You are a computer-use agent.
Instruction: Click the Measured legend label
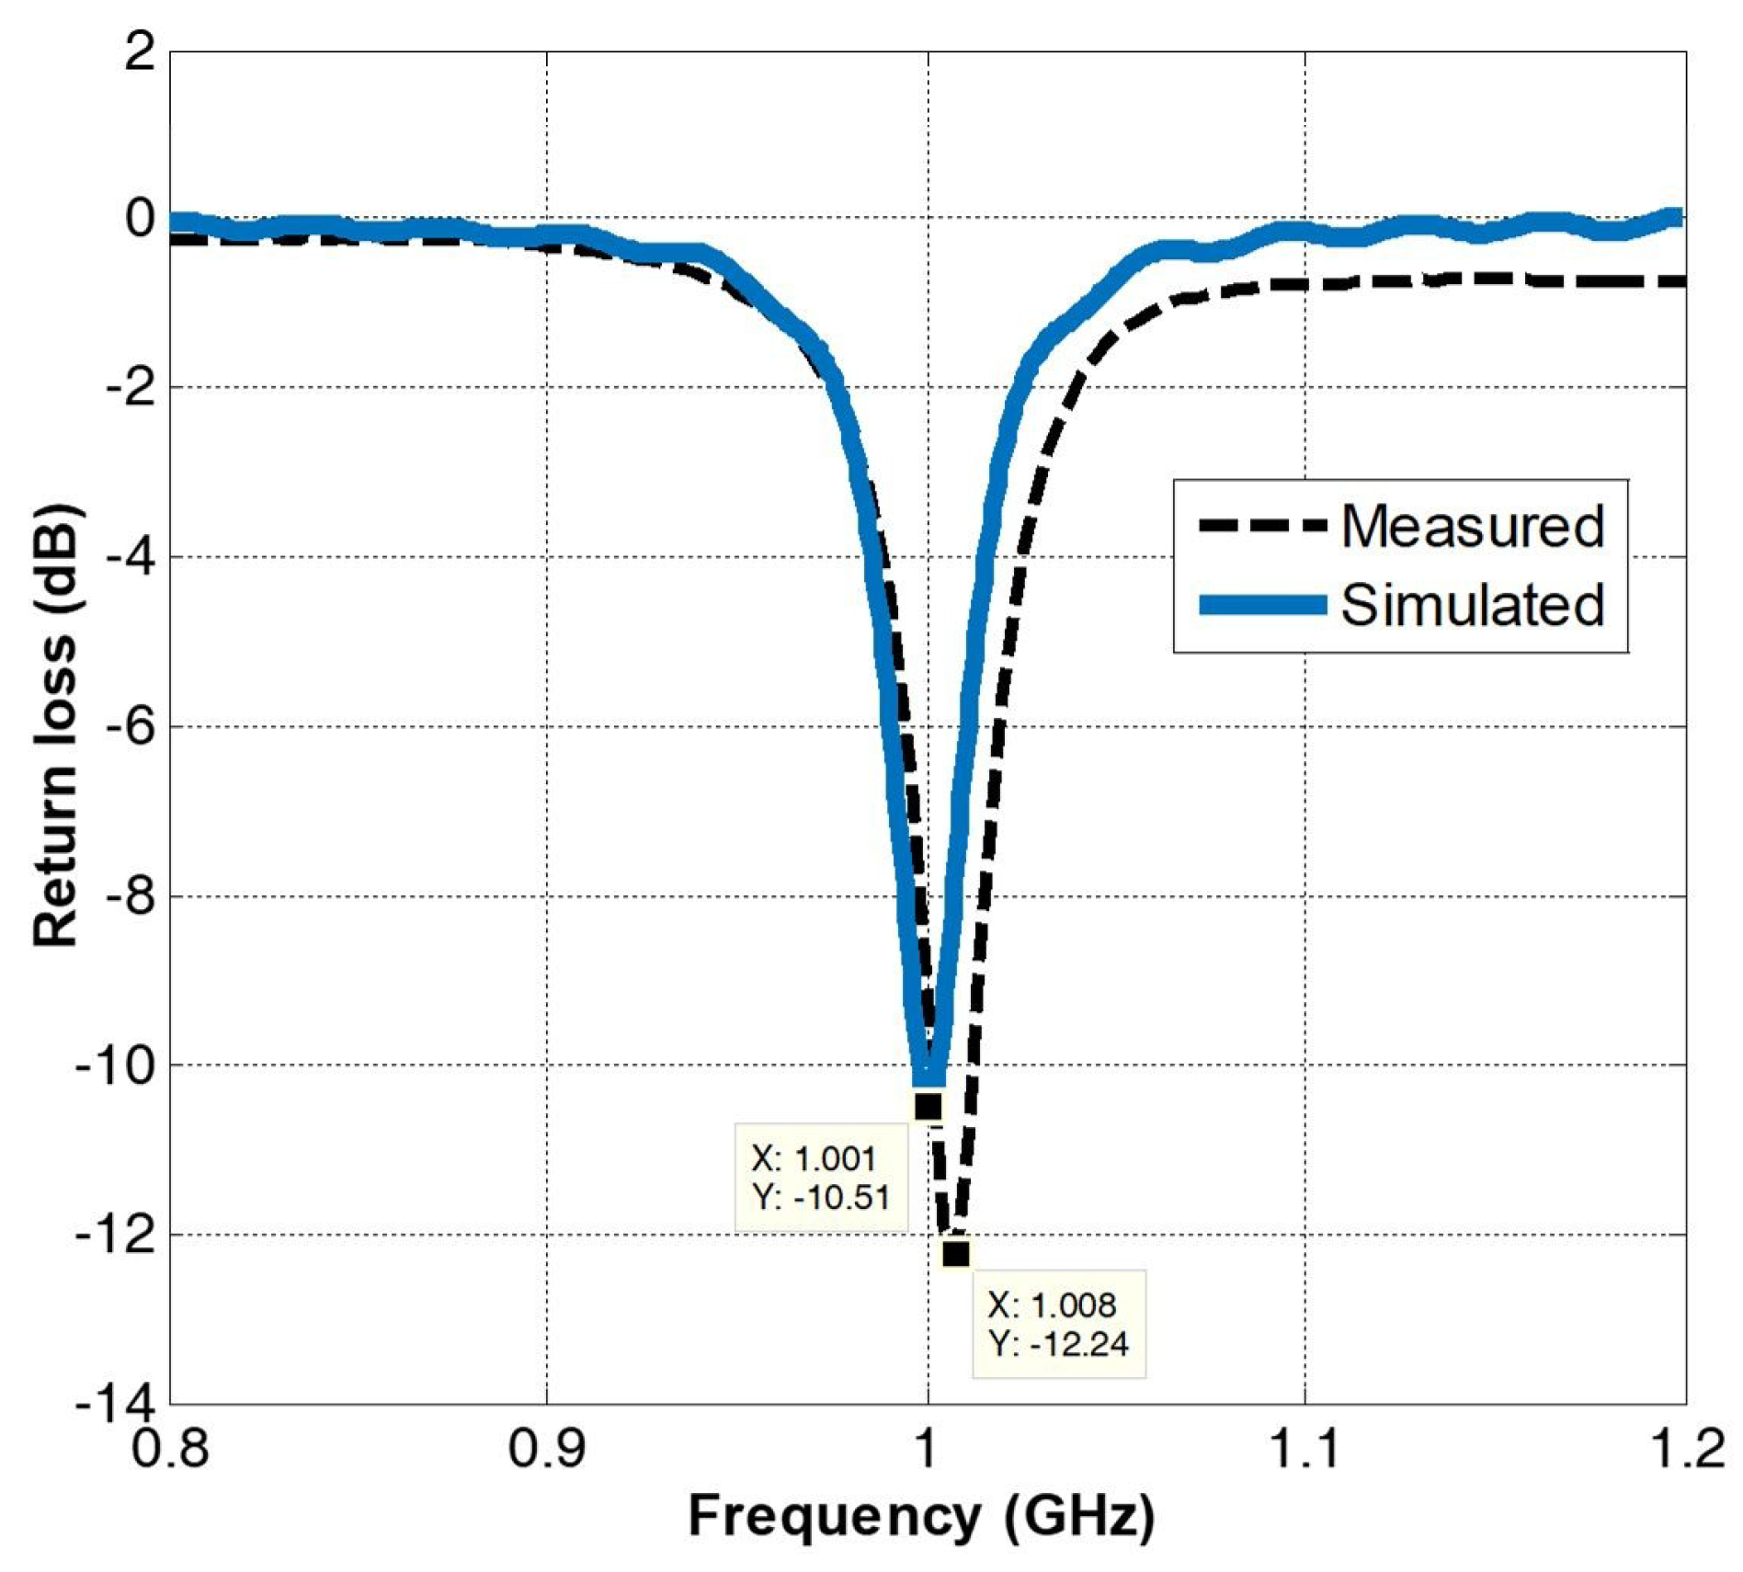1472,527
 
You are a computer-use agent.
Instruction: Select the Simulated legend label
1472,606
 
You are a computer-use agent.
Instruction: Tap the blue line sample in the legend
1262,605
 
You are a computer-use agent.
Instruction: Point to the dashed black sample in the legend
1262,527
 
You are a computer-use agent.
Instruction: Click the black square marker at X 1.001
928,1106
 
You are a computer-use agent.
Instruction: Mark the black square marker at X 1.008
956,1253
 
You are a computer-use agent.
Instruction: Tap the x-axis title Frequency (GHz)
921,1515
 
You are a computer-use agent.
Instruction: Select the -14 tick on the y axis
116,1405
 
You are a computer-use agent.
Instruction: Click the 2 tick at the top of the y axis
141,53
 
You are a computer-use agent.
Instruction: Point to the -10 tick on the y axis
116,1065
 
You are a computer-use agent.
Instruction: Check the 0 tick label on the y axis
141,219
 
